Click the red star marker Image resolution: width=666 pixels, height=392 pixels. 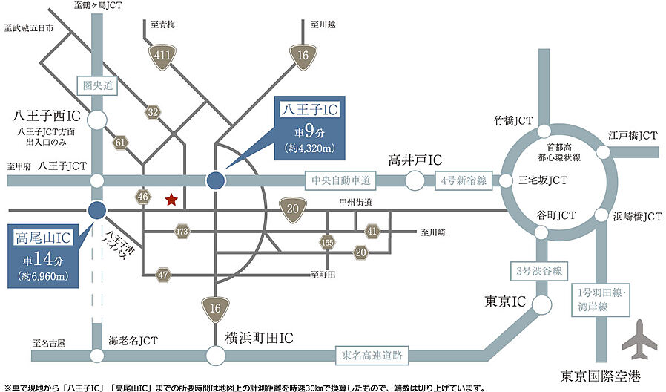click(171, 199)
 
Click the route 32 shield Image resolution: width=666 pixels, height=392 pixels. click(153, 112)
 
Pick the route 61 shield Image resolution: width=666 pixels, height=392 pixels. click(120, 141)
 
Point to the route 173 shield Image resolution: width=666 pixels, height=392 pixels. click(182, 232)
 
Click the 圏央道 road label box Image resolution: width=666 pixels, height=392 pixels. click(97, 86)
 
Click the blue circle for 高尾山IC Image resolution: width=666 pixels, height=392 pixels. click(96, 210)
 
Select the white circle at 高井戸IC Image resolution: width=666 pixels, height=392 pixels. click(415, 180)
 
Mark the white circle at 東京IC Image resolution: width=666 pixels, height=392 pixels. click(542, 304)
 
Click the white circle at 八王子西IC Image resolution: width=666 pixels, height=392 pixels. click(96, 119)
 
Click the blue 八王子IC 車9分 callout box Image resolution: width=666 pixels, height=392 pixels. click(309, 128)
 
